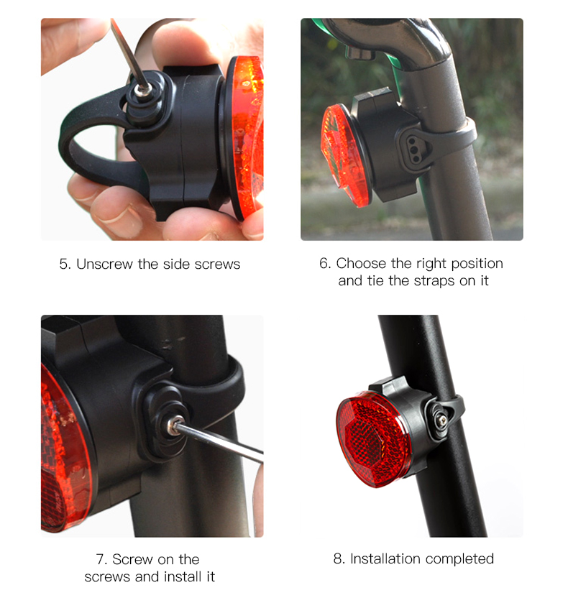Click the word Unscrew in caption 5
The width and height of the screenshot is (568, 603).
pos(104,264)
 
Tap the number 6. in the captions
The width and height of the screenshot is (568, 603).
pos(325,264)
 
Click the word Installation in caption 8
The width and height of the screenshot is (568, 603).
pos(388,558)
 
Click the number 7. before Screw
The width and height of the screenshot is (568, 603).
pos(101,560)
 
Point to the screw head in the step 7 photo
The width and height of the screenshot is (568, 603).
pos(173,425)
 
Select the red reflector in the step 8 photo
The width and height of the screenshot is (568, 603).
pos(372,439)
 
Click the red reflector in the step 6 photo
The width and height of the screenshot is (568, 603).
pos(342,155)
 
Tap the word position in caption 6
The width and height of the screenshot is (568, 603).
pos(477,264)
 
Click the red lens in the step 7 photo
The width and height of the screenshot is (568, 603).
pos(63,449)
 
